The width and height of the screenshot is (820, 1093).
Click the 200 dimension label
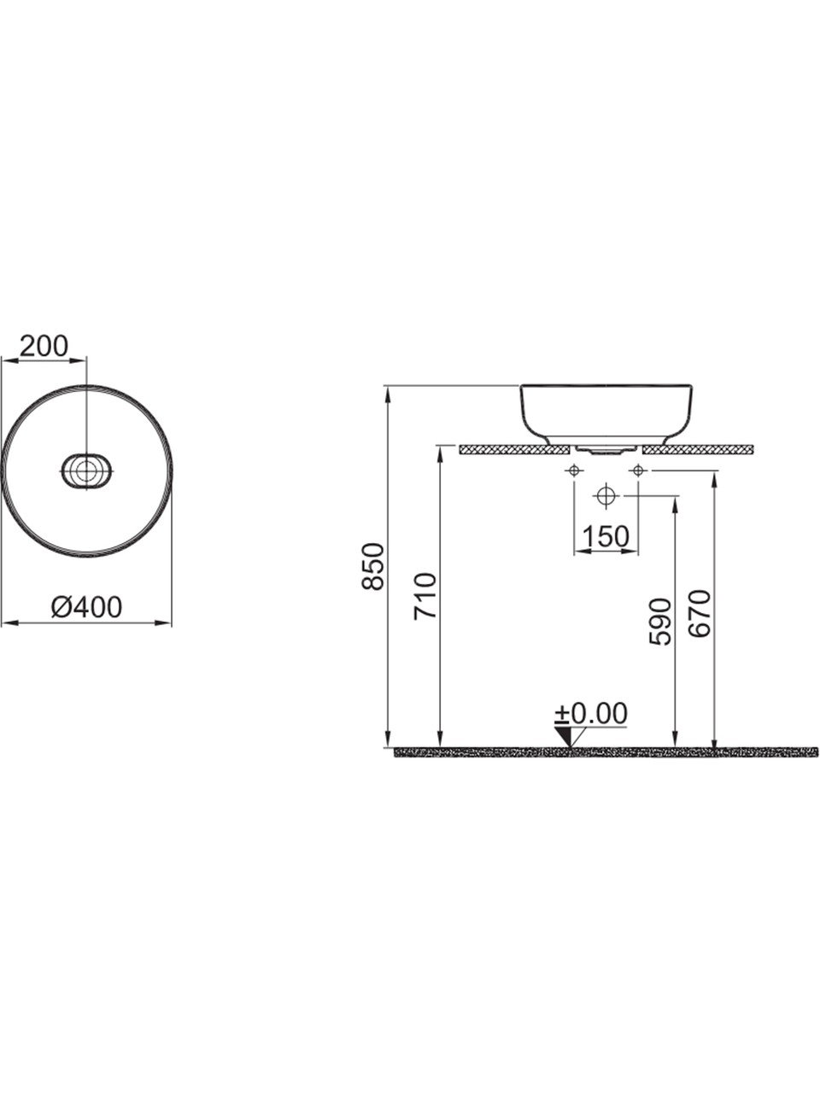44,346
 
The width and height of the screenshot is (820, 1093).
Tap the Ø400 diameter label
86,607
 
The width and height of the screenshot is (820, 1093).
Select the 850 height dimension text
373,567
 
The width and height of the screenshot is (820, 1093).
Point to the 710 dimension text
425,597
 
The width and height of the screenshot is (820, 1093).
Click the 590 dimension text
660,622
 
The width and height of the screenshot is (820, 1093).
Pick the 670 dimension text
700,613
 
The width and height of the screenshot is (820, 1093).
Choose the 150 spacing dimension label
606,537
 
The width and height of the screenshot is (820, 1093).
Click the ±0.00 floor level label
591,714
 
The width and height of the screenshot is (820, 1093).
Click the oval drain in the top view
86,471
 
